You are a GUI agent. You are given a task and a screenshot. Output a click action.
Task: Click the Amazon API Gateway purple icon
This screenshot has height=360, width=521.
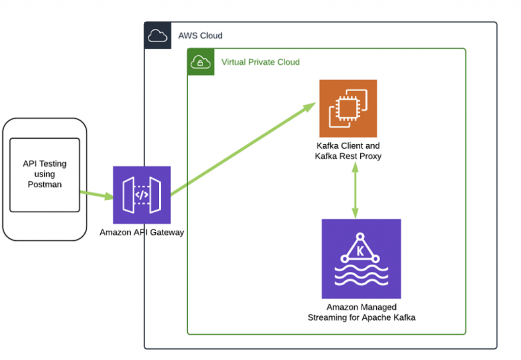(x=142, y=195)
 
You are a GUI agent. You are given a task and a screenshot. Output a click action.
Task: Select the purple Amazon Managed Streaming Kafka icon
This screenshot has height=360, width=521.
(x=361, y=259)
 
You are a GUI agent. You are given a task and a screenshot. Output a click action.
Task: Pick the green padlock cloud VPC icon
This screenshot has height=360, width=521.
(x=201, y=62)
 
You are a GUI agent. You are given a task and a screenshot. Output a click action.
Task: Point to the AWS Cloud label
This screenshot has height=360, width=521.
(x=200, y=36)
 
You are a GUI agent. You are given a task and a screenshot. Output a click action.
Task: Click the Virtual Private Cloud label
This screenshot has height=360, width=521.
(x=260, y=62)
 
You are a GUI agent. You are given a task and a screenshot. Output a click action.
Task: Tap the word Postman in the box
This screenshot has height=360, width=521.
(x=45, y=184)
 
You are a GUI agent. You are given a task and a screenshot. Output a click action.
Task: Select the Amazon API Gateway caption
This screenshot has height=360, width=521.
(x=141, y=233)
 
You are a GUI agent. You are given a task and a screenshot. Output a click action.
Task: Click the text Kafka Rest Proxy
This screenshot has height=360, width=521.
(x=348, y=156)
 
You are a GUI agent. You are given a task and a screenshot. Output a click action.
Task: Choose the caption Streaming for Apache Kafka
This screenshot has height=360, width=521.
(x=361, y=317)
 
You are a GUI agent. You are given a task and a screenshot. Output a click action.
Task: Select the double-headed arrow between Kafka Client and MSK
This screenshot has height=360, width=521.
(x=355, y=190)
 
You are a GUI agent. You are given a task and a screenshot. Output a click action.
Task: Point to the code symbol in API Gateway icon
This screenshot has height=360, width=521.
(x=142, y=195)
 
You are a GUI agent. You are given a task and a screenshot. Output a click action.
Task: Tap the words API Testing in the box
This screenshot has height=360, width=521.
(x=45, y=164)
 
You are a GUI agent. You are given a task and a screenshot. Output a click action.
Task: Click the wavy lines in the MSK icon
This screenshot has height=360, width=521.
(x=361, y=278)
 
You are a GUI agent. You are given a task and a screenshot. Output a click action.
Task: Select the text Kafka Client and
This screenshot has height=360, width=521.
(x=348, y=146)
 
